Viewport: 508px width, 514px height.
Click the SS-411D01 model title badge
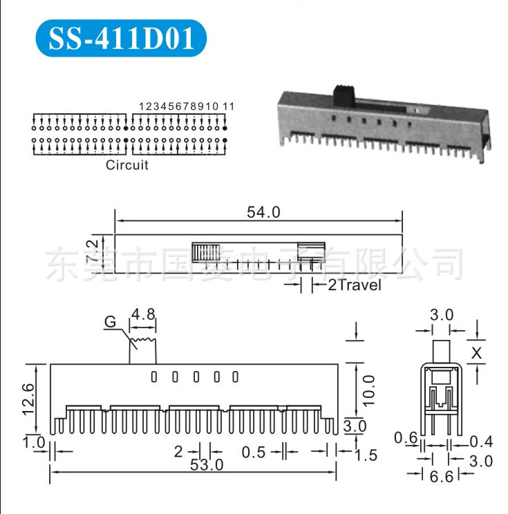pos(120,39)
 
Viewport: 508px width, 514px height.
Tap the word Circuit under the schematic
pos(126,164)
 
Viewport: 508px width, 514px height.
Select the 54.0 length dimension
pos(263,213)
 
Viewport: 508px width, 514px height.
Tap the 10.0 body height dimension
pos(368,390)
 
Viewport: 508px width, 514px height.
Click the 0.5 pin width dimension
pos(254,452)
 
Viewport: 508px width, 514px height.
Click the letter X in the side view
pos(476,353)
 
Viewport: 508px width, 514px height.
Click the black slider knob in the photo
pos(343,97)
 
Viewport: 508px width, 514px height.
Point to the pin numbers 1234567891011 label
pos(187,106)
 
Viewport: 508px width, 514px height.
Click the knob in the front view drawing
pos(143,347)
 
